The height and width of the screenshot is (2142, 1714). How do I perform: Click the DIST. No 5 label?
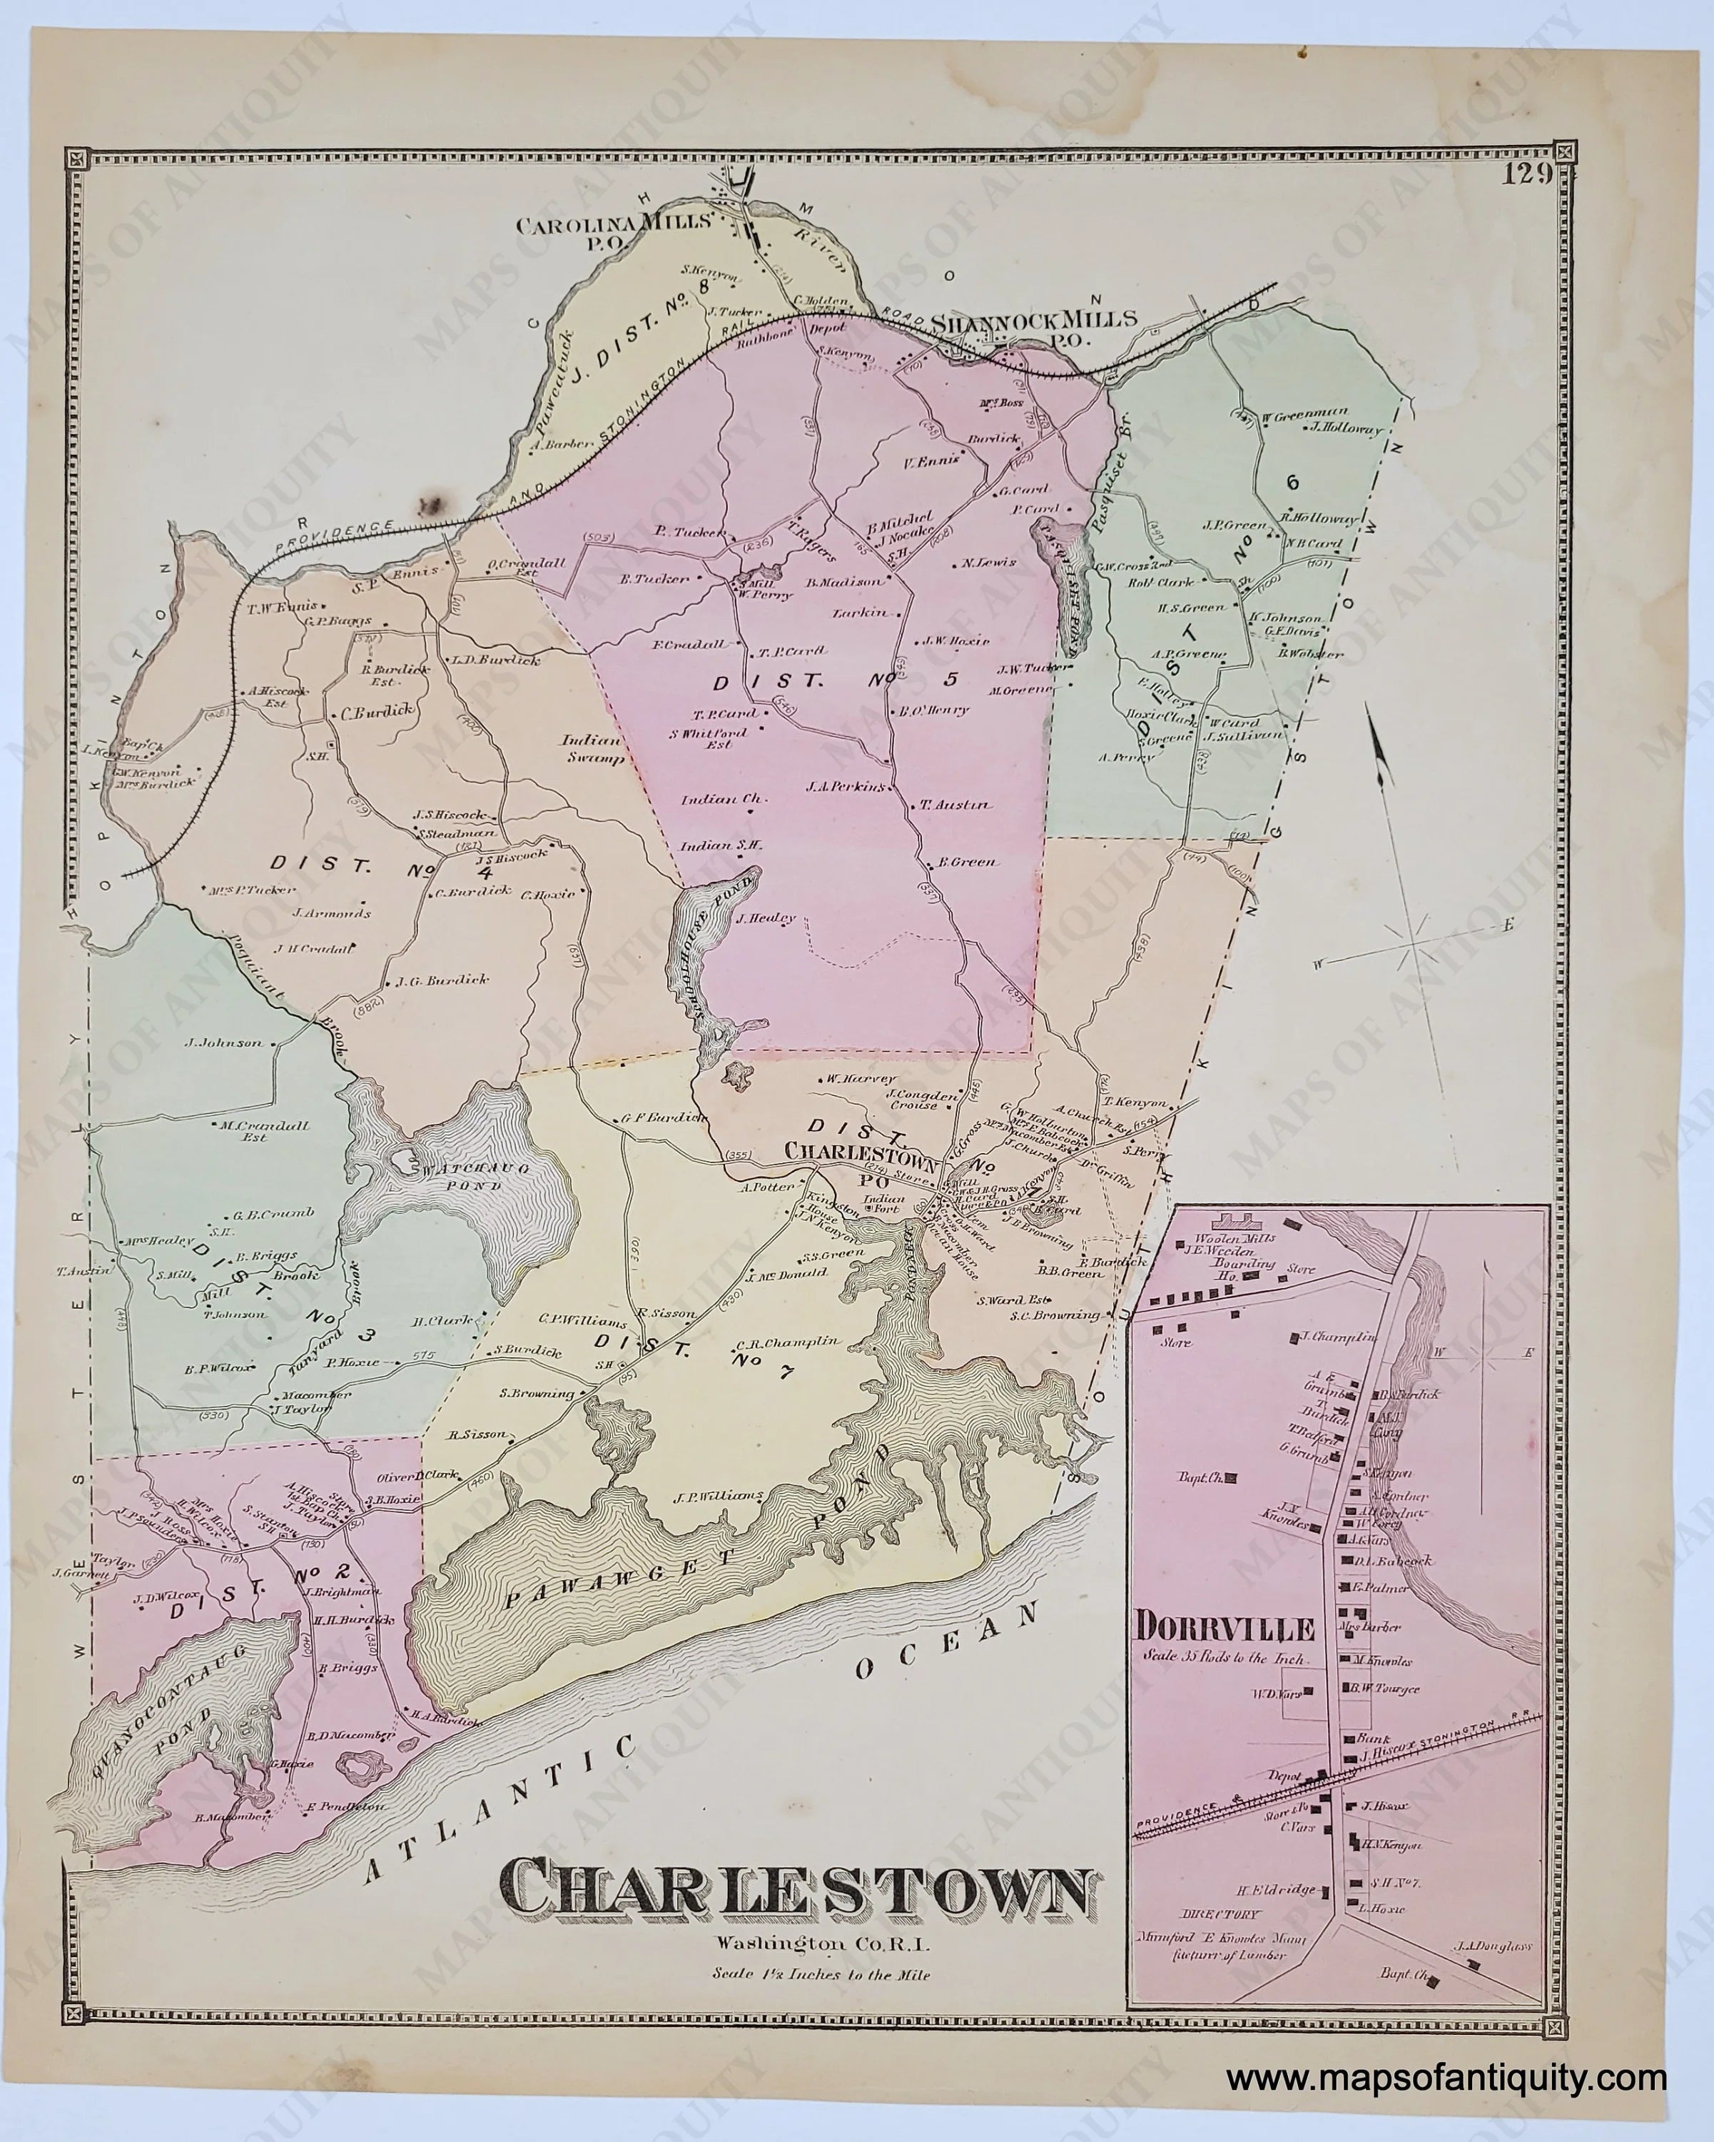(837, 682)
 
